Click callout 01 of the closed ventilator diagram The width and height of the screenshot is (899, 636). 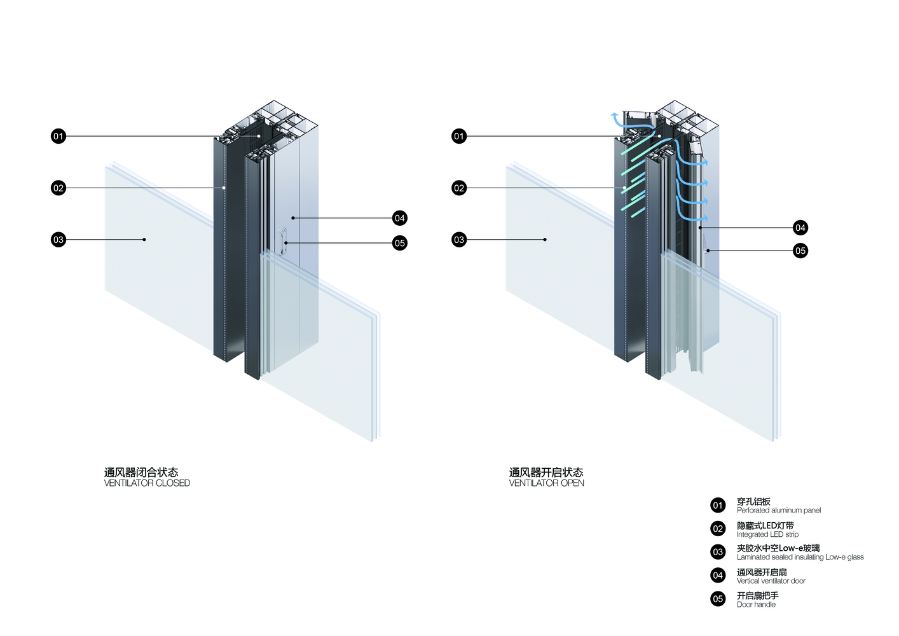pos(58,136)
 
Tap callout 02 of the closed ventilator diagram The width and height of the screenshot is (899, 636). pos(58,188)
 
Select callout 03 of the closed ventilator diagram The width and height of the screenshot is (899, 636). pos(58,240)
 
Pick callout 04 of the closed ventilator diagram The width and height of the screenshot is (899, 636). pos(399,218)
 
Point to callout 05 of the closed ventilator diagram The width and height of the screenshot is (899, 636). pos(399,243)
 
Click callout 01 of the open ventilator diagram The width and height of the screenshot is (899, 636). pos(459,136)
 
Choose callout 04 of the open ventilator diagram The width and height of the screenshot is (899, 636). pos(800,228)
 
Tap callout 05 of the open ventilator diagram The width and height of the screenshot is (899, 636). pos(800,251)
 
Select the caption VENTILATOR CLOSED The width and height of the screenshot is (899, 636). pos(147,483)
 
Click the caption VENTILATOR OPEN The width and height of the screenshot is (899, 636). pos(546,483)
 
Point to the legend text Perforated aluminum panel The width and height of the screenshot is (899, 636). pos(778,510)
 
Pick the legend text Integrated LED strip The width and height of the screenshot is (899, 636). pos(767,534)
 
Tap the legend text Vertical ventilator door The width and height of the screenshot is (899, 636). pos(771,581)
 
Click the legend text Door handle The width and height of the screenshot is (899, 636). pos(756,604)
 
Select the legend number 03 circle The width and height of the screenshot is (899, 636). pos(718,552)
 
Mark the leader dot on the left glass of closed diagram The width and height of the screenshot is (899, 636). pos(144,240)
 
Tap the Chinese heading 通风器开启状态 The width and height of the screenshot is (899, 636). pos(546,473)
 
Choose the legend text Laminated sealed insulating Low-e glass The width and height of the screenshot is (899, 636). pos(800,557)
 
